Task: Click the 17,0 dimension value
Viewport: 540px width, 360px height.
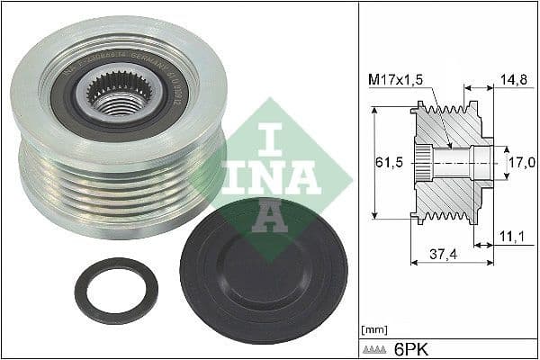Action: tap(519, 163)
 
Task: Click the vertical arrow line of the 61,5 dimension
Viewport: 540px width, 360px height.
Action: tap(373, 163)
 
